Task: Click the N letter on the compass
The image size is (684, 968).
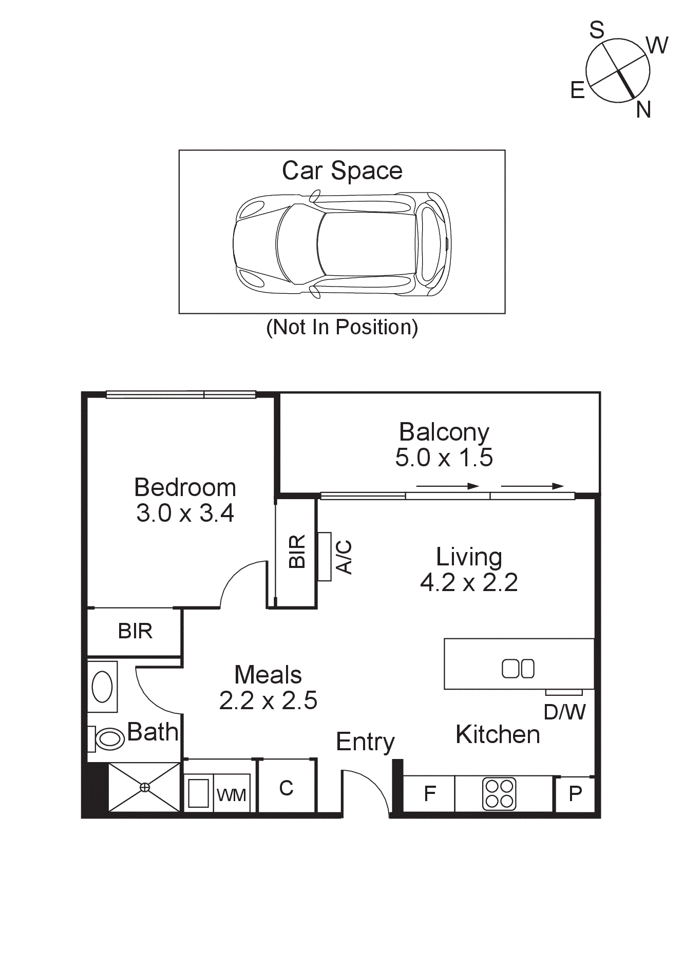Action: (x=643, y=109)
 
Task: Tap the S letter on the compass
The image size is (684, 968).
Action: (x=597, y=30)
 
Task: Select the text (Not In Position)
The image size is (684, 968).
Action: (x=342, y=327)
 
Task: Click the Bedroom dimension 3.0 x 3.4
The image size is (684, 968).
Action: (x=185, y=513)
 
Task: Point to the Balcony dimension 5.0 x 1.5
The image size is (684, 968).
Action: (x=444, y=458)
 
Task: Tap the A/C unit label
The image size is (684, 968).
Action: (x=344, y=557)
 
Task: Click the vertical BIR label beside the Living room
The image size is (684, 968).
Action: (x=297, y=552)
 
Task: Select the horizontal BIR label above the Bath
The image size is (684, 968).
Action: (x=135, y=631)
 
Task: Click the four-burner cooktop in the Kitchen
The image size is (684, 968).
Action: (x=499, y=793)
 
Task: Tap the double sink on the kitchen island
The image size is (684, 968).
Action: (x=518, y=669)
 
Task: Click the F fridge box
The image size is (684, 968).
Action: (x=429, y=794)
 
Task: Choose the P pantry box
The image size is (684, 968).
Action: (x=576, y=794)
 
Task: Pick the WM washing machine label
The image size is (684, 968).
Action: (x=231, y=795)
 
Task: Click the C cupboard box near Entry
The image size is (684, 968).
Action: (x=286, y=788)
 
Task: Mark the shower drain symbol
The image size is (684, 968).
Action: (x=145, y=787)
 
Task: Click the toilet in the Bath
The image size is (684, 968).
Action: (x=109, y=738)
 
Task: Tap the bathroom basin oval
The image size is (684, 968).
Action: (x=102, y=687)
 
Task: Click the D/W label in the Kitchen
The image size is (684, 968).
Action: (x=564, y=712)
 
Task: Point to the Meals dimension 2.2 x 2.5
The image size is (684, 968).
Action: (x=268, y=701)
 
